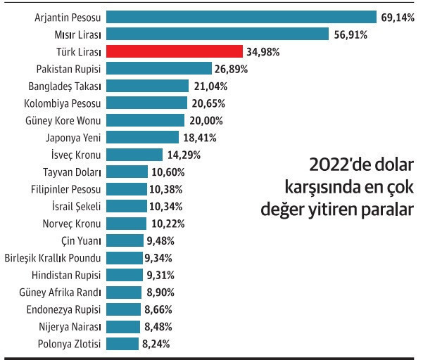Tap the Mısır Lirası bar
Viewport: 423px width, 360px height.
(217, 34)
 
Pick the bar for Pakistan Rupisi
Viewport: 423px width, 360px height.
(159, 68)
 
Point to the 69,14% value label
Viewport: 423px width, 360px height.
(398, 17)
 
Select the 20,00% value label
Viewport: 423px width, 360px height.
(206, 120)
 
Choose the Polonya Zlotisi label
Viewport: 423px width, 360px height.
(70, 344)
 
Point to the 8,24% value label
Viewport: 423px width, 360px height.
(156, 344)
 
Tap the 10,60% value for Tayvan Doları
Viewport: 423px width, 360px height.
(166, 172)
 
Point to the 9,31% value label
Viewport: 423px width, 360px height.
(160, 275)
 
